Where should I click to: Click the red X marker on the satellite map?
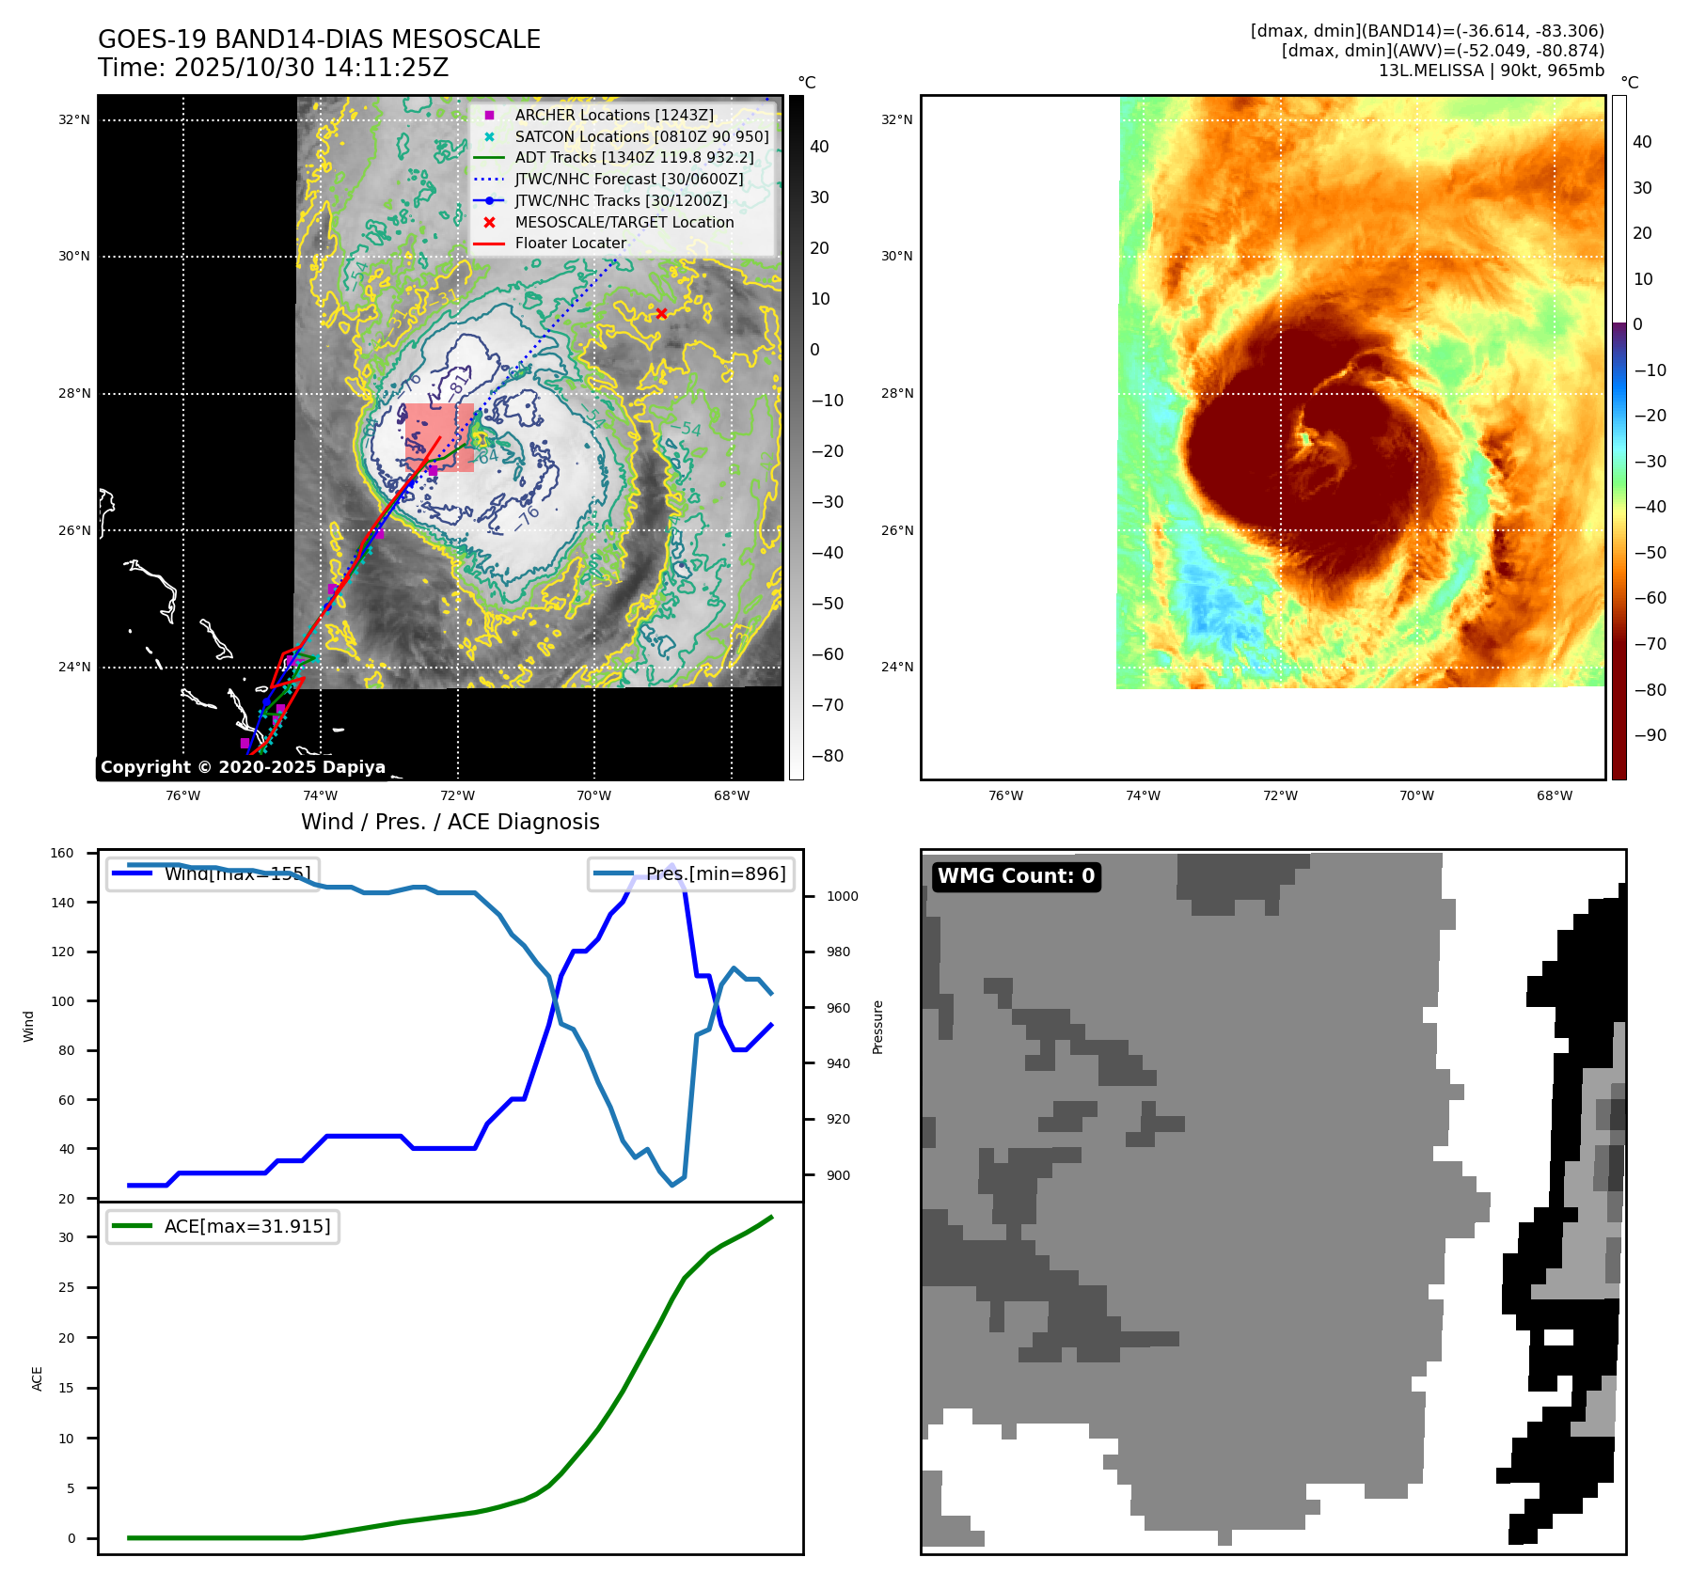tap(661, 313)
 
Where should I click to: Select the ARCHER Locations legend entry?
tap(613, 115)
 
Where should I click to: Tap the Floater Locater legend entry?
tap(570, 243)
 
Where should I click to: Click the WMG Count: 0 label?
tap(1016, 876)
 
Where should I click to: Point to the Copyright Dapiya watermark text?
tap(243, 767)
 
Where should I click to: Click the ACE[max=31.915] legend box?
tap(223, 1226)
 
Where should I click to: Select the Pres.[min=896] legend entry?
tap(691, 873)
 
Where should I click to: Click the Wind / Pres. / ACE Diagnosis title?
tap(450, 822)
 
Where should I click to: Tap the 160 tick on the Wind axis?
tap(62, 853)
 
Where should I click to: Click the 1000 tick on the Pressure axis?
tap(843, 896)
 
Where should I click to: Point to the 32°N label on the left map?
tap(74, 119)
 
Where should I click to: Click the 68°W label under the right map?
tap(1554, 795)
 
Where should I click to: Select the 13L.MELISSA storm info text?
tap(1491, 71)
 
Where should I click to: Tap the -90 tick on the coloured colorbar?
tap(1650, 735)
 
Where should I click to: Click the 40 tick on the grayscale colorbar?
tap(819, 147)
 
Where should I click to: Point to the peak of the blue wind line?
tap(671, 865)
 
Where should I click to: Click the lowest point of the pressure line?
tap(672, 1185)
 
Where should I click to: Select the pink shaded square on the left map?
tap(439, 437)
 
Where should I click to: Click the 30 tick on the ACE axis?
tap(66, 1237)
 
